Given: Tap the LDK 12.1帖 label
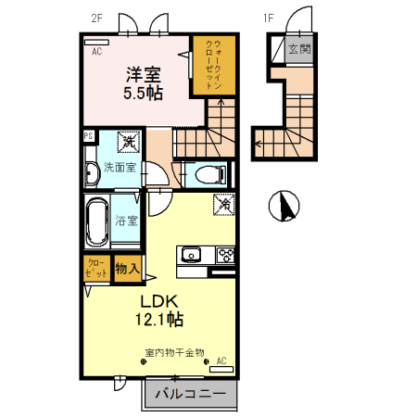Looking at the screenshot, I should coord(161,310).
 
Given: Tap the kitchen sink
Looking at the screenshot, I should coord(191,254).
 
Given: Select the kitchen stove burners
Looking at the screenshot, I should coord(224,254).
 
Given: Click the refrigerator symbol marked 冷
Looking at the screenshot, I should coord(223,204).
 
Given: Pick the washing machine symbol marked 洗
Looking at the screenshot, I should coord(129,143).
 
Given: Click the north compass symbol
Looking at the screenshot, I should coord(283,206).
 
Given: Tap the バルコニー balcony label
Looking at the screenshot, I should coord(190,394).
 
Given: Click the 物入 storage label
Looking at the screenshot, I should coord(128,270).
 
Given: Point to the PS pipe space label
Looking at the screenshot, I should coord(88,136).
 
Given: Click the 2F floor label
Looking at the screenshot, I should coord(97,18).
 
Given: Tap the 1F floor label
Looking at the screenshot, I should coord(269,18).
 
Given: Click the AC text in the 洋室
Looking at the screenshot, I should coord(96,53).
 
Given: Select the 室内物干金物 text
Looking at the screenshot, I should coord(174,352).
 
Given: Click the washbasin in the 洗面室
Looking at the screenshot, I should coord(92,173).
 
